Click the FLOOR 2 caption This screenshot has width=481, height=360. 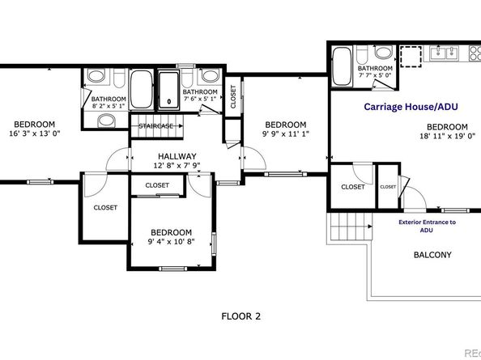(x=240, y=316)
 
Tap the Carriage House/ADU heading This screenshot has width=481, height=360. (x=411, y=107)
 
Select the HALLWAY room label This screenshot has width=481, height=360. (x=177, y=156)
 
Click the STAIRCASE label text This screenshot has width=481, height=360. (x=155, y=126)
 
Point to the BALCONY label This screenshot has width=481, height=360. (x=432, y=255)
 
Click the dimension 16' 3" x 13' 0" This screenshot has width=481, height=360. (x=34, y=133)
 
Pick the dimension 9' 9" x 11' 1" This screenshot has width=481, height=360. (x=286, y=134)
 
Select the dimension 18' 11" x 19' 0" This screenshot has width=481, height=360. (x=448, y=136)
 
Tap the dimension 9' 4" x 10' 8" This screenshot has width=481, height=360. (x=171, y=242)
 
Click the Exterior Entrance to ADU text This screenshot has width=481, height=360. (x=427, y=226)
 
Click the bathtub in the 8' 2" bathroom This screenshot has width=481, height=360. (x=141, y=89)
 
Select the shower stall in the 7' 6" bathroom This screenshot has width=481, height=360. (x=168, y=90)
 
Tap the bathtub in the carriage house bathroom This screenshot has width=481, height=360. (x=342, y=66)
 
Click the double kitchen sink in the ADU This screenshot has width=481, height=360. (x=445, y=53)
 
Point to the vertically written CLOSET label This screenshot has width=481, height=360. (x=233, y=96)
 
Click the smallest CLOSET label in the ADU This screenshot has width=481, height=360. (x=388, y=187)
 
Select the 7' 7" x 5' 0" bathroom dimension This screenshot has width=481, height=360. (x=375, y=74)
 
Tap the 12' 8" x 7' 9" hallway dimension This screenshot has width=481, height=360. (x=177, y=166)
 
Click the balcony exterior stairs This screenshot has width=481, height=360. (x=349, y=227)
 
